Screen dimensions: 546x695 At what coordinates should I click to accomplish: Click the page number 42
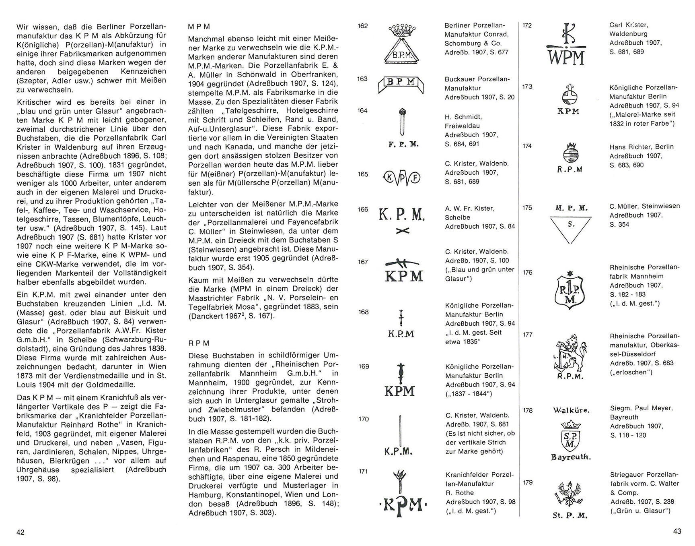(21, 532)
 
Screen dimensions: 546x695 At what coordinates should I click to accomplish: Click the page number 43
(677, 531)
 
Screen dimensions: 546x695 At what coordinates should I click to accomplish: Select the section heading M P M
(199, 27)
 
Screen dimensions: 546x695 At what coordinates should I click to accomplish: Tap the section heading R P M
(199, 343)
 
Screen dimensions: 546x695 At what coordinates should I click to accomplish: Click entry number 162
(363, 26)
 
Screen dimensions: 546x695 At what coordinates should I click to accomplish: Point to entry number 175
(527, 208)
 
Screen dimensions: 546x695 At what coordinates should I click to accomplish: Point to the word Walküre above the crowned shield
(571, 410)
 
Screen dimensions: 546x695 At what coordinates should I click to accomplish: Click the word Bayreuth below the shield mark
(571, 457)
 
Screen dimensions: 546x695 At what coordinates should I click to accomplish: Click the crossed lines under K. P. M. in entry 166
(402, 231)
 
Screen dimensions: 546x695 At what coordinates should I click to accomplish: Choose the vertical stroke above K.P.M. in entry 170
(400, 431)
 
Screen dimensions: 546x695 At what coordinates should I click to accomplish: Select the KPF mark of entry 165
(402, 177)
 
